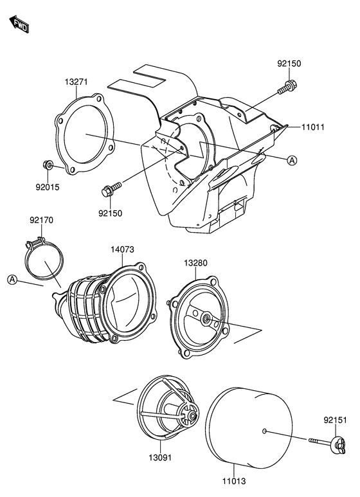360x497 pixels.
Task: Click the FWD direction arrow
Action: click(x=19, y=24)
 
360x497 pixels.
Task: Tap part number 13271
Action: click(x=76, y=82)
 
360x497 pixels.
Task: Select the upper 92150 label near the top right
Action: click(x=289, y=64)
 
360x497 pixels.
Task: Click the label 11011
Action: click(x=313, y=127)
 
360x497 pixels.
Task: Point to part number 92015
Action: click(x=47, y=187)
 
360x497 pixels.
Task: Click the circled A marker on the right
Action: click(x=292, y=160)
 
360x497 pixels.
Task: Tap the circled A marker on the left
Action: click(x=12, y=279)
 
